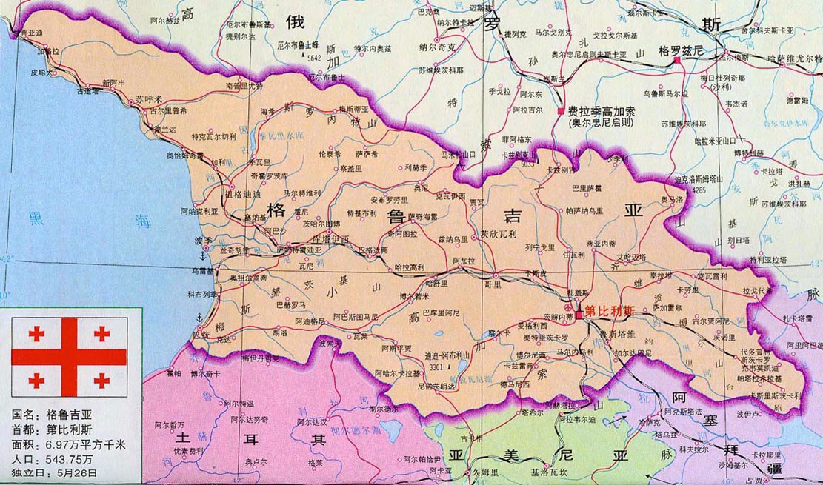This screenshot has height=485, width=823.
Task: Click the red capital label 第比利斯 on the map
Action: pos(610,311)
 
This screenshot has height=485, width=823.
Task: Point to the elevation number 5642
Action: pos(314,57)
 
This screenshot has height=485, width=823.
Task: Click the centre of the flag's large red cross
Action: pos(69,357)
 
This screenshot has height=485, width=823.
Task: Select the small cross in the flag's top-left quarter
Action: pos(36,333)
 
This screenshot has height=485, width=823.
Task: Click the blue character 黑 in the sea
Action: pos(35,218)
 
